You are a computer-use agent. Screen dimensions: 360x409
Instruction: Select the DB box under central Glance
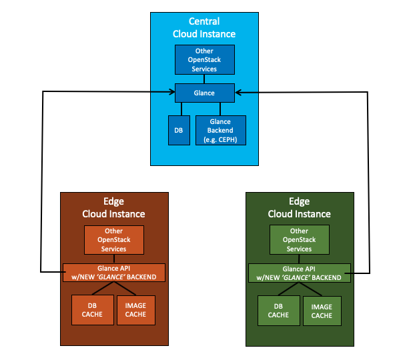click(179, 130)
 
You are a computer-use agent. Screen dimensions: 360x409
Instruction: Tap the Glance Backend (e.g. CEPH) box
click(220, 130)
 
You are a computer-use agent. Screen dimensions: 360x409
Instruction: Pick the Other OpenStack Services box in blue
click(204, 60)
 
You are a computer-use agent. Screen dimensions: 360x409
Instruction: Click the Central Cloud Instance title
click(204, 27)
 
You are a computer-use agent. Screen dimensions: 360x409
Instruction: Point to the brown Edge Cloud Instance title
click(113, 207)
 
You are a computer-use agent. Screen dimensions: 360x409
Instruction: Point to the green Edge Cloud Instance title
click(299, 207)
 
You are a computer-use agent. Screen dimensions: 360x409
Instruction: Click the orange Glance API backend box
click(113, 272)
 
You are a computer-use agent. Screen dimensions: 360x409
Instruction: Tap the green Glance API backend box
click(299, 272)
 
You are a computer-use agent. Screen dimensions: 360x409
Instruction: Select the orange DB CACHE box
click(93, 309)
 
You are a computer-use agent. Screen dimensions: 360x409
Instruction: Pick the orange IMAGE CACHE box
click(135, 309)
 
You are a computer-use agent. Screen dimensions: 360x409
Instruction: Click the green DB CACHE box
click(278, 309)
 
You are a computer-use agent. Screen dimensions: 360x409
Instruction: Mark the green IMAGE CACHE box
click(322, 309)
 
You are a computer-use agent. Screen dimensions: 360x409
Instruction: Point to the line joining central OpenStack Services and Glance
click(204, 79)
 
